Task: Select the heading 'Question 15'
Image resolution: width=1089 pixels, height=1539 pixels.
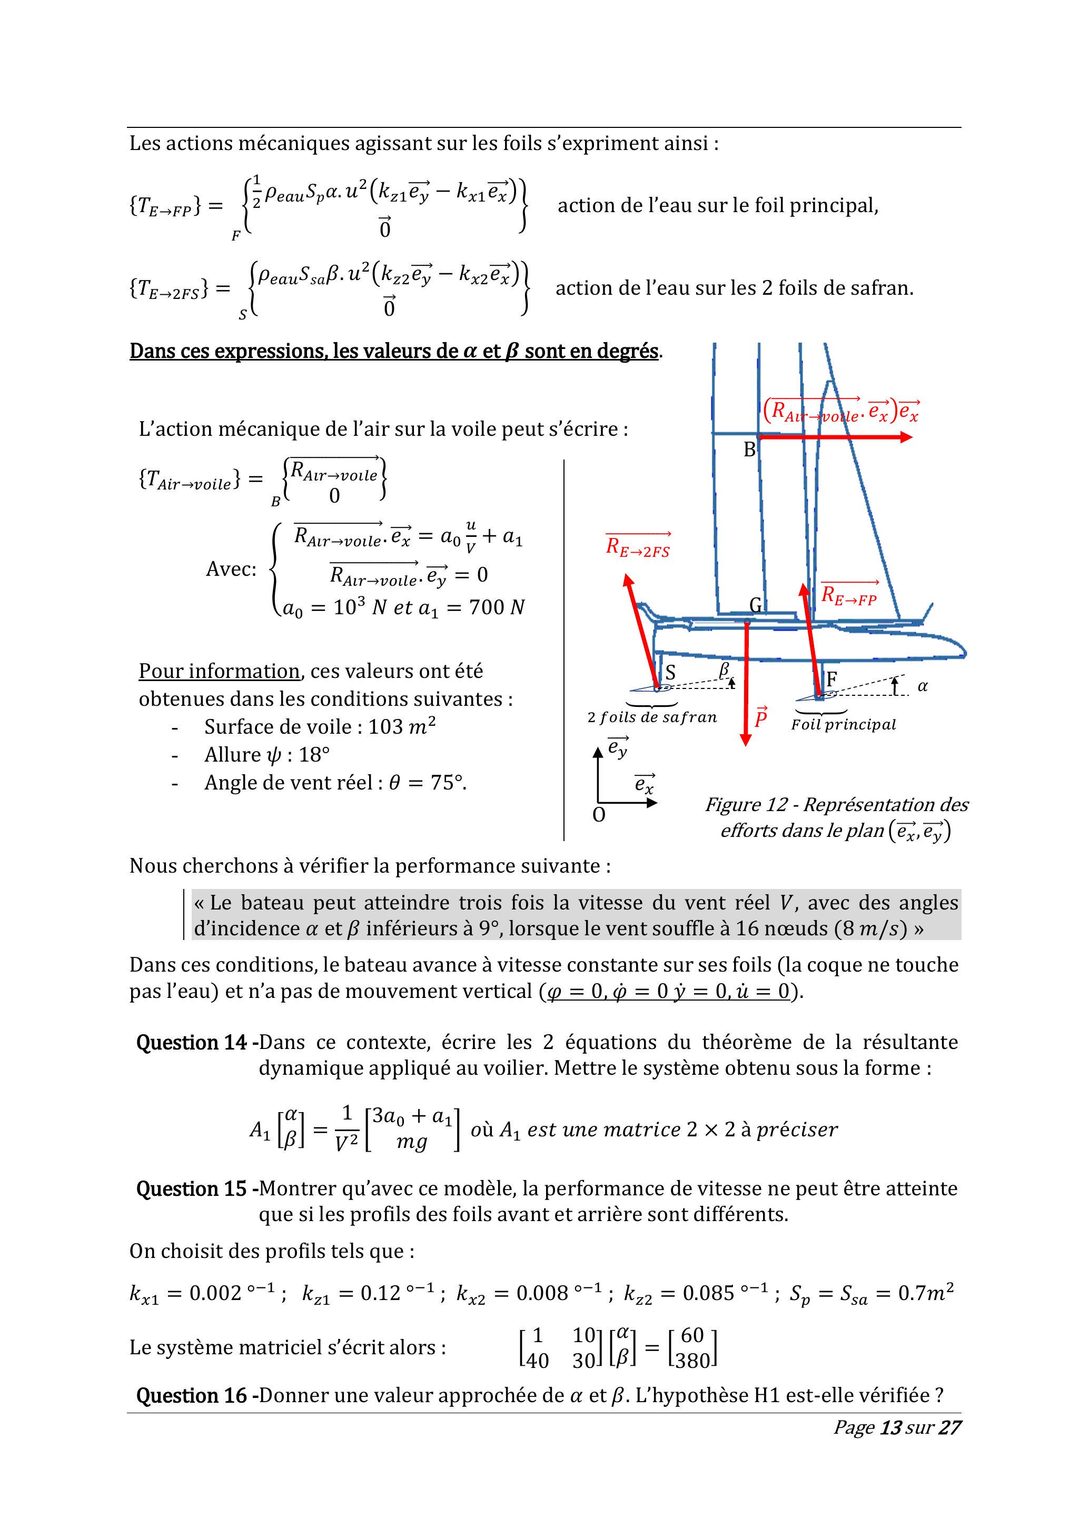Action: coord(192,1189)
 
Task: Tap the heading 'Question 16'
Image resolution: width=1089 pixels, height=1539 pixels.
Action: coord(192,1395)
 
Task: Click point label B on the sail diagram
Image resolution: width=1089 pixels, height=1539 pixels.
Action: coord(749,450)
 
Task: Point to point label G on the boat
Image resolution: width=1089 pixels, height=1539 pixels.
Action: coord(756,606)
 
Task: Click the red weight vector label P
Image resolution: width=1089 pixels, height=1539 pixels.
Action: coord(760,718)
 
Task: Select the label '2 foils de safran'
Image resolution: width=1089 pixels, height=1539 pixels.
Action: coord(652,717)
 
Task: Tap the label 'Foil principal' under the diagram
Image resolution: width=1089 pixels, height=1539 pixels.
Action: coord(843,725)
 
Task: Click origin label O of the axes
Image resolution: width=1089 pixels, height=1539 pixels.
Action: coord(599,815)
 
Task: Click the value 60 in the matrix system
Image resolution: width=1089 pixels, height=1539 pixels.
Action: coord(692,1335)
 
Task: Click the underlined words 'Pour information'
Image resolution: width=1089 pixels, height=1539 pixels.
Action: coord(219,671)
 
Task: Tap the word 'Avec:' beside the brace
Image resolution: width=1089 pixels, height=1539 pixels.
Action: coord(231,569)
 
